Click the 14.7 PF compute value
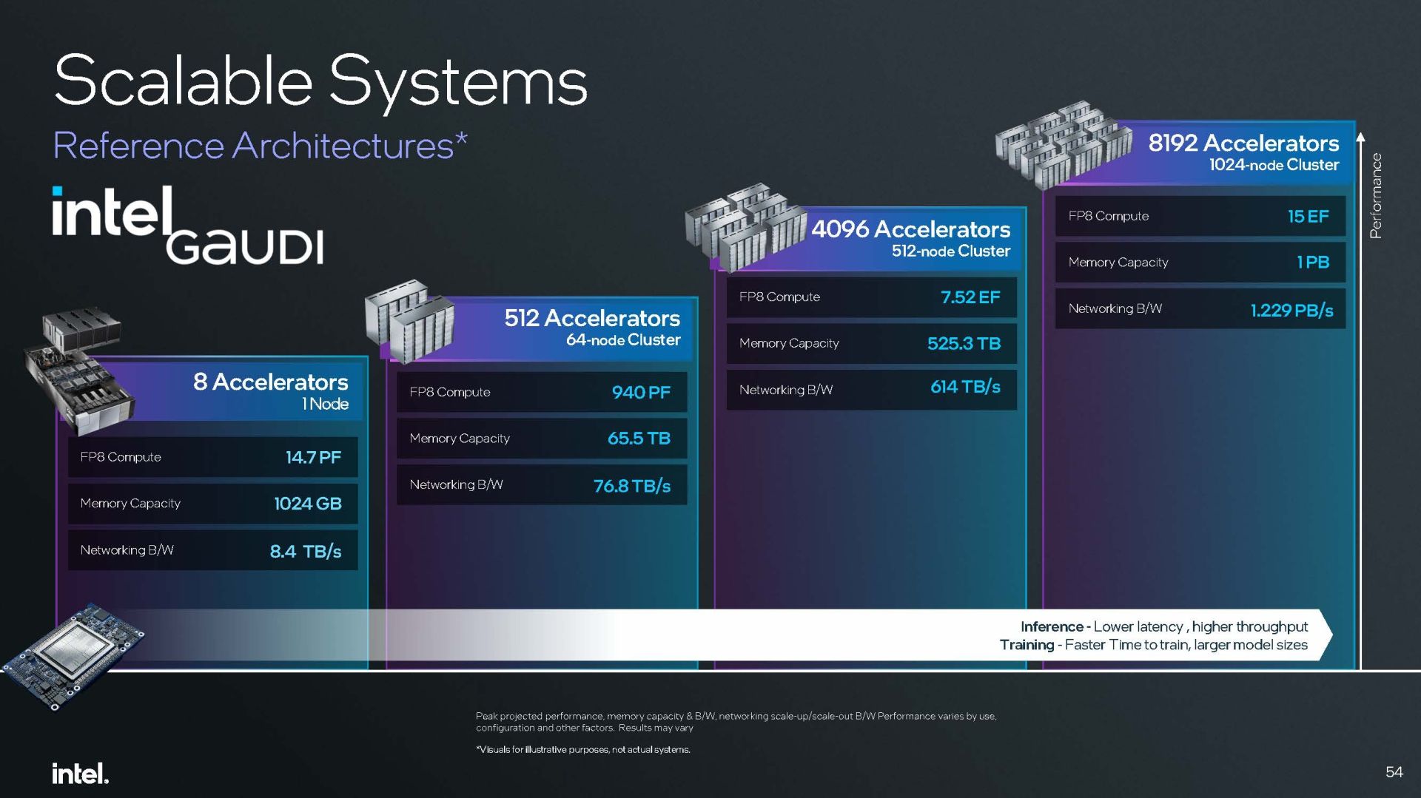(x=314, y=457)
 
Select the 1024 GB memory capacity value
(x=308, y=504)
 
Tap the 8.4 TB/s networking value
(x=306, y=551)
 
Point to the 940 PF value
(x=641, y=392)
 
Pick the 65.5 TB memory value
(x=639, y=439)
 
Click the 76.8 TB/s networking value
(x=632, y=486)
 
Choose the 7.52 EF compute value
(x=970, y=297)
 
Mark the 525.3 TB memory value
(x=964, y=343)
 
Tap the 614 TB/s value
(x=965, y=387)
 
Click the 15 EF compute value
(x=1309, y=216)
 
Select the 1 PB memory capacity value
(x=1313, y=262)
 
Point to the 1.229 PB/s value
(x=1292, y=311)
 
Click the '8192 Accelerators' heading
(x=1243, y=143)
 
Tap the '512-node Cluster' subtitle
(x=951, y=251)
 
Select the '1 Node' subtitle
(x=325, y=404)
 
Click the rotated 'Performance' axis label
(x=1376, y=195)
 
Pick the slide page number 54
(x=1394, y=772)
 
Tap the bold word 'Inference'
(x=1052, y=626)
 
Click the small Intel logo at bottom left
(x=80, y=774)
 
